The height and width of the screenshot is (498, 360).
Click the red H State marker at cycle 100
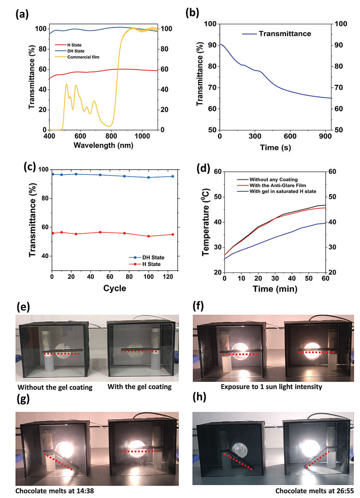[x=148, y=236]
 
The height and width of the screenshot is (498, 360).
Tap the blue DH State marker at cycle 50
[x=100, y=175]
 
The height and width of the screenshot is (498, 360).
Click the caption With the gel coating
[x=140, y=387]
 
